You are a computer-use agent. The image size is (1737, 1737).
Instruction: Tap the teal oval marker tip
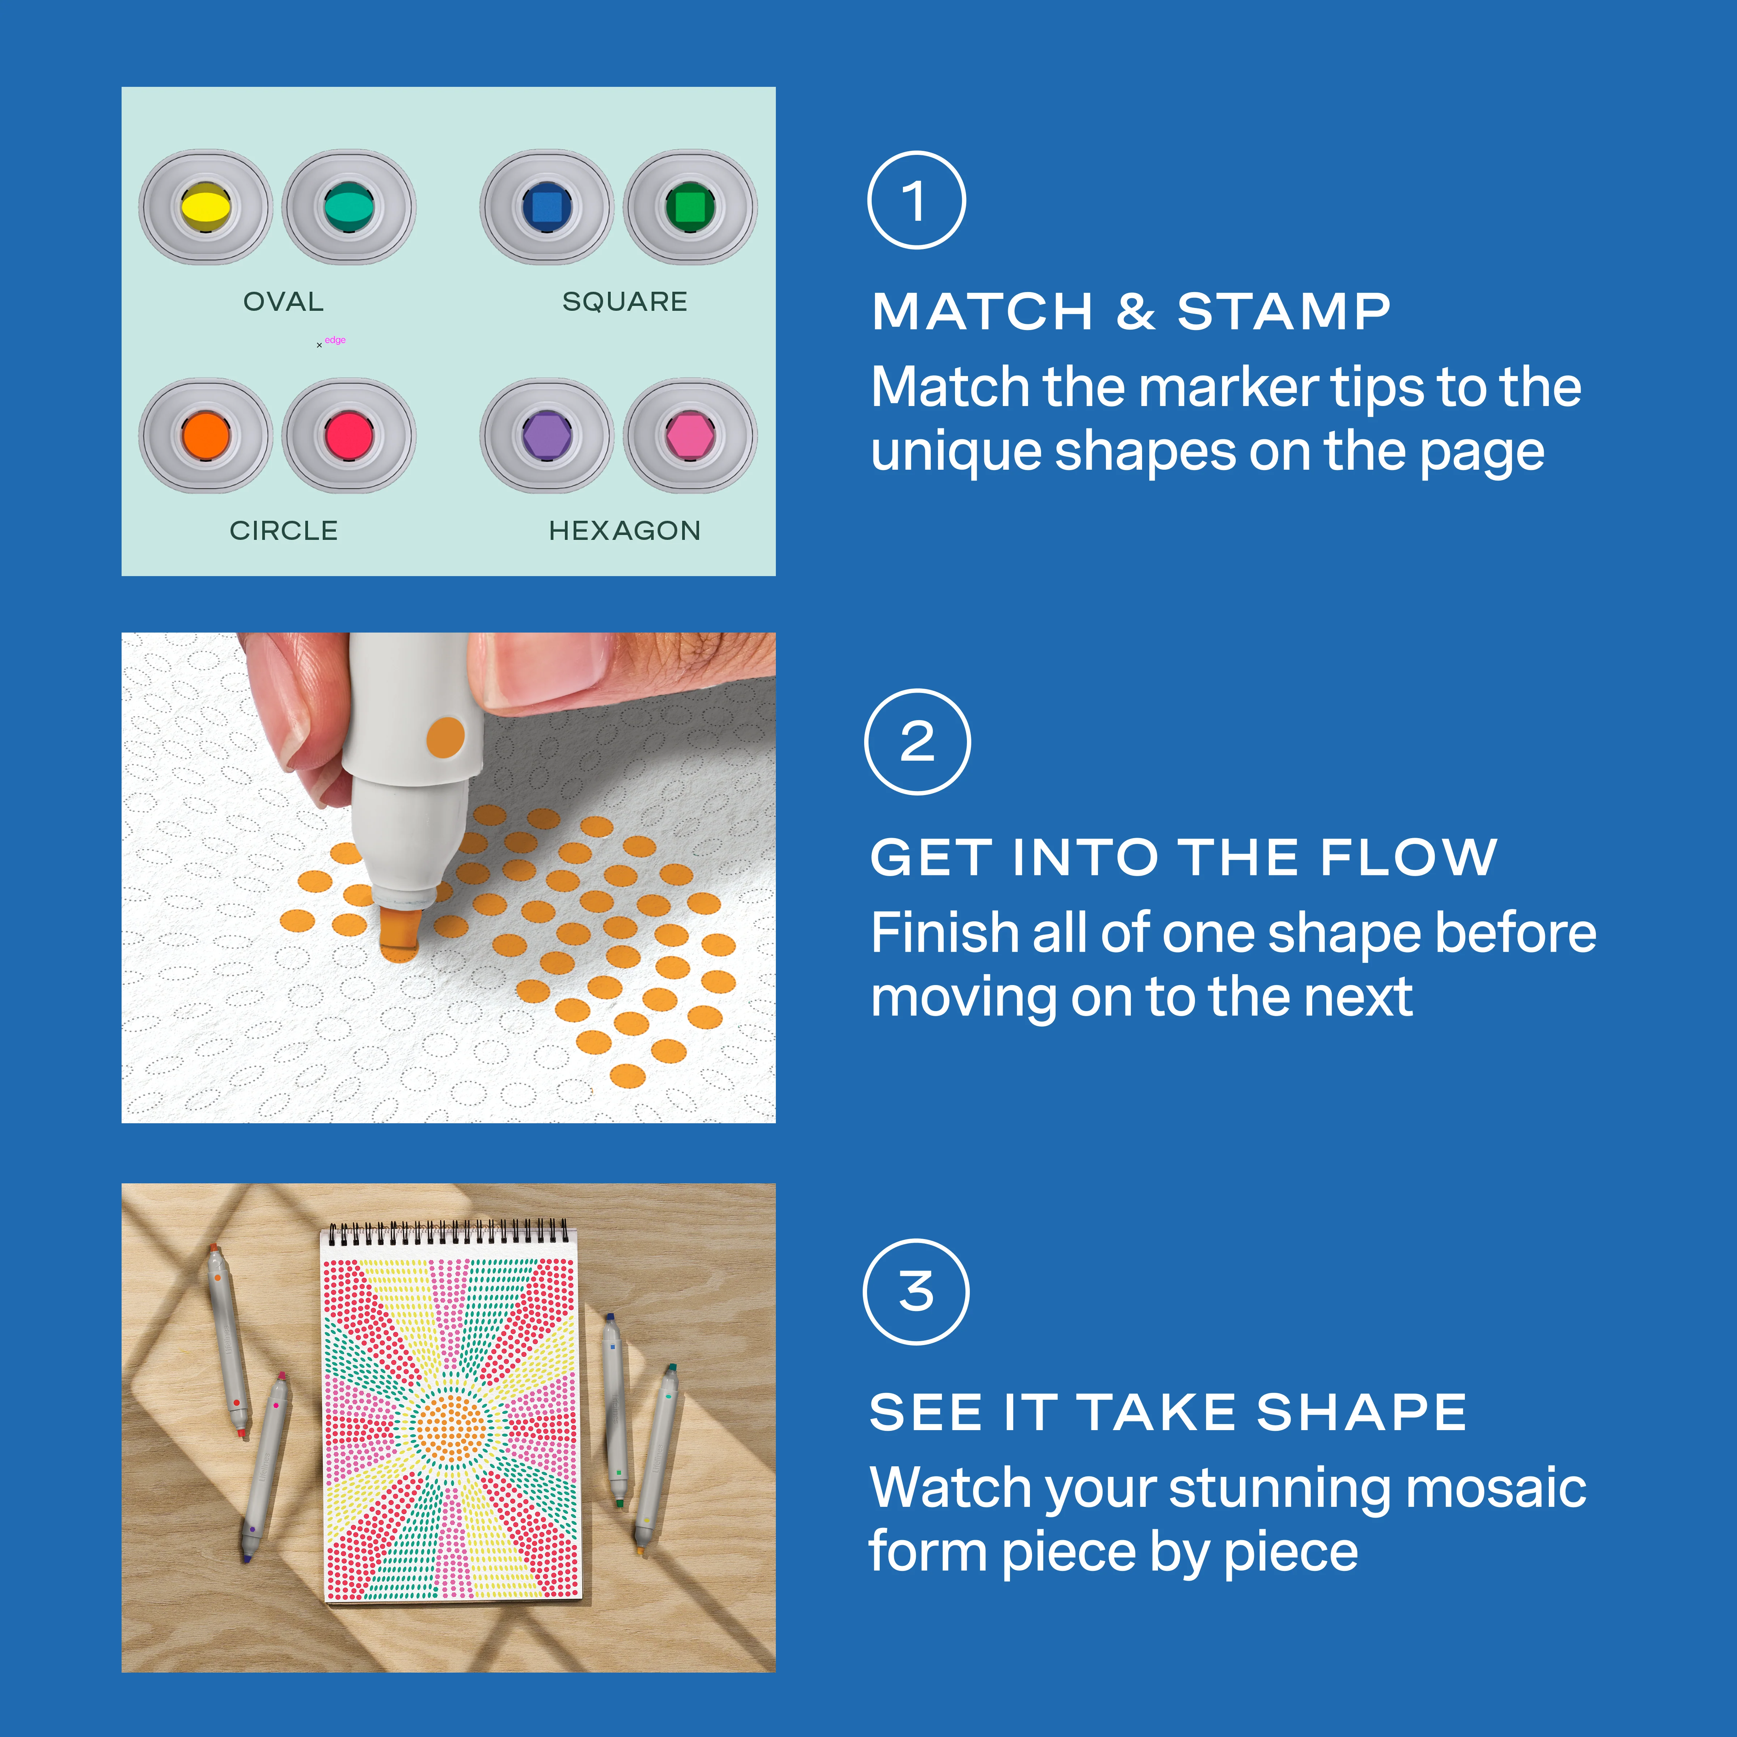tap(349, 206)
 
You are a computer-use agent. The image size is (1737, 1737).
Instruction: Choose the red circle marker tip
tap(349, 435)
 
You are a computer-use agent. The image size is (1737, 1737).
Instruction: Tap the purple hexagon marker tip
tap(547, 435)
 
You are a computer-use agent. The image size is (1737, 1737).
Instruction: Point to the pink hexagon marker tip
tap(690, 435)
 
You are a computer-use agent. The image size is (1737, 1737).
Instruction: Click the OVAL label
tap(283, 301)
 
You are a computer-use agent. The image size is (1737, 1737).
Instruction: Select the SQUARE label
tap(625, 301)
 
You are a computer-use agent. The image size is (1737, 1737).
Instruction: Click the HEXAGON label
tap(625, 531)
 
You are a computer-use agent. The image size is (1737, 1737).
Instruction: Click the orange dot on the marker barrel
tap(445, 737)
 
